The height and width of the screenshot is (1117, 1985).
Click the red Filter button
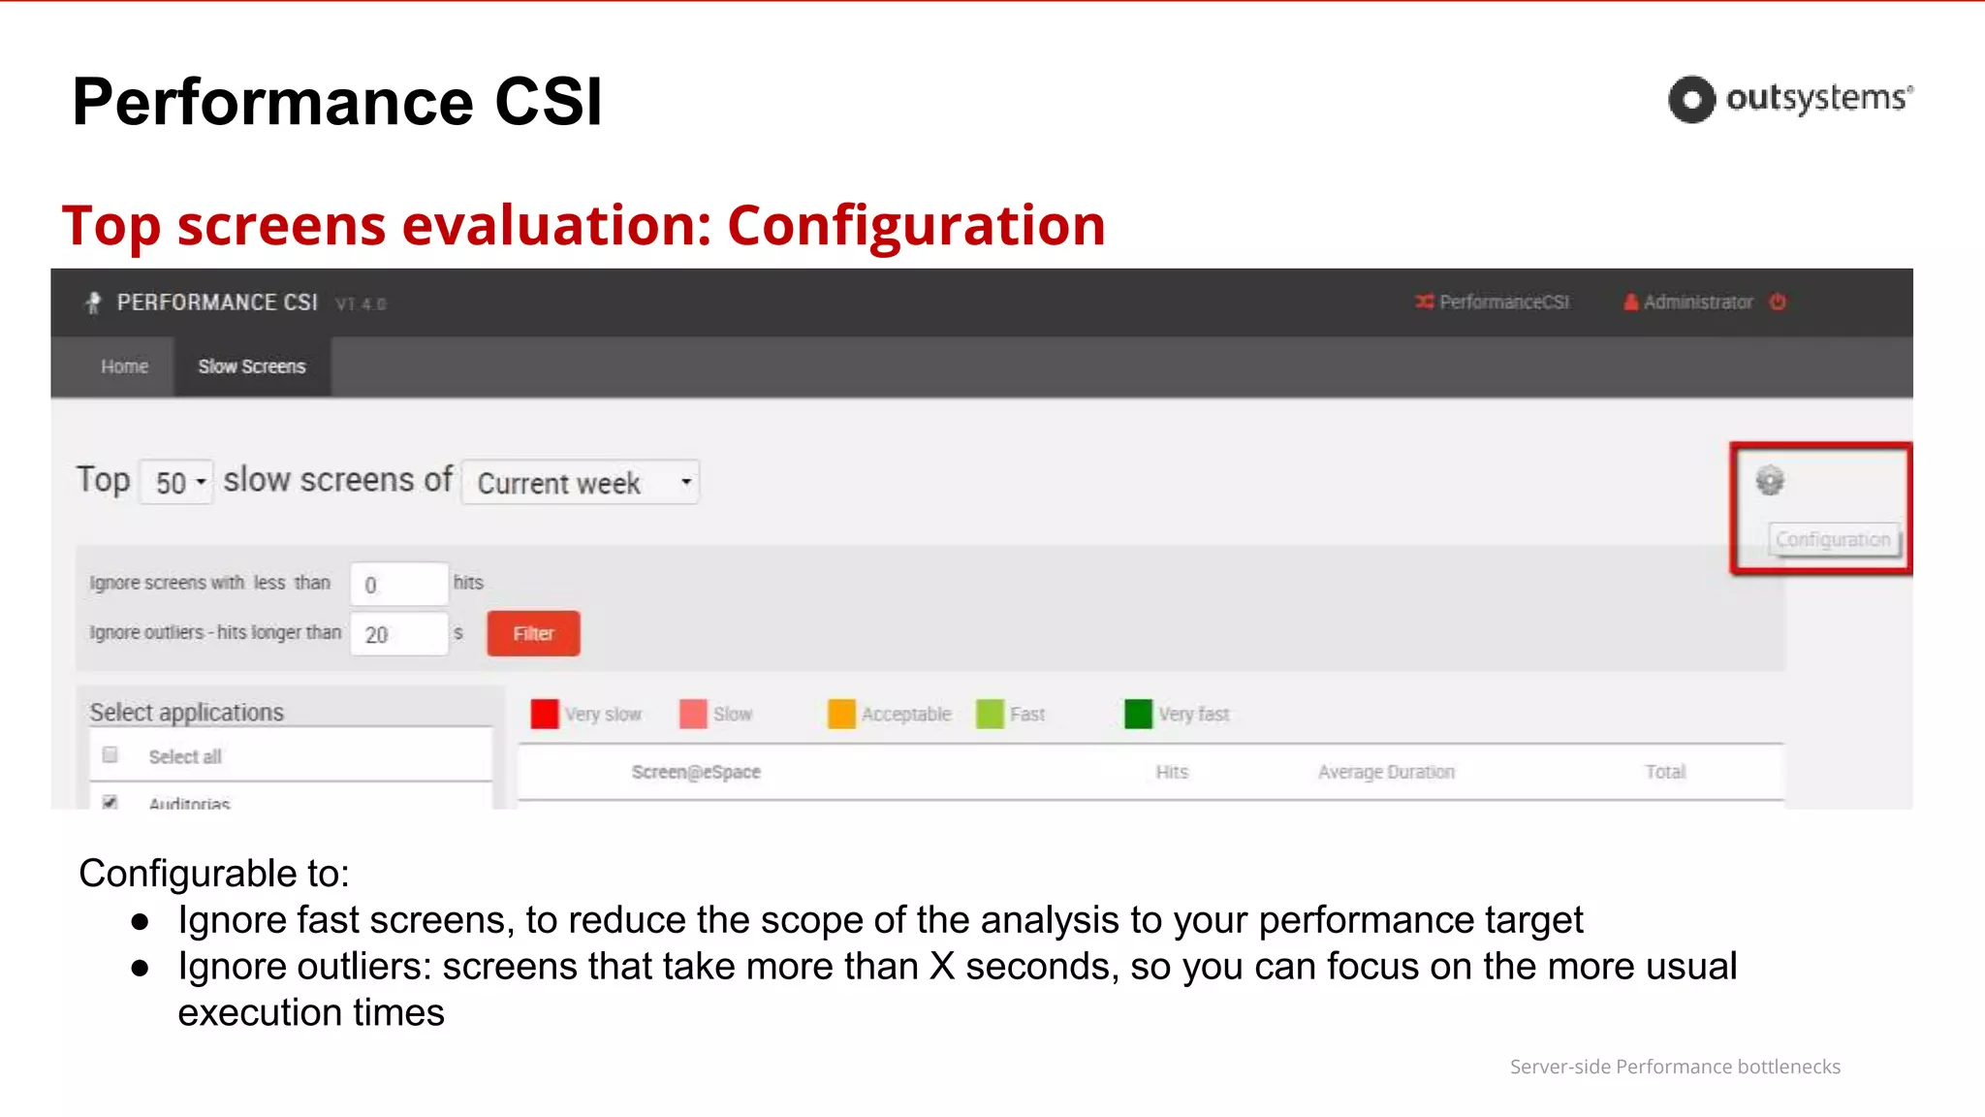[x=533, y=633]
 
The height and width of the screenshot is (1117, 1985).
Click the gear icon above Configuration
[x=1770, y=480]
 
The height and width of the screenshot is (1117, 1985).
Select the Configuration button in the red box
[x=1833, y=539]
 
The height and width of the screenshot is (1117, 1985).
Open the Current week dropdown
[x=581, y=483]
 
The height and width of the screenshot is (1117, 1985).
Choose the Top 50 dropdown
[x=177, y=482]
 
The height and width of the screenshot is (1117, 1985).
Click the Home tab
[x=124, y=367]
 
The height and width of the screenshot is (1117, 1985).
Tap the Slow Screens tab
[x=252, y=367]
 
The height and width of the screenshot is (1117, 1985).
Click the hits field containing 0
[x=398, y=584]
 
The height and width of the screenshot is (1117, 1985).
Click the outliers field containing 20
[x=398, y=634]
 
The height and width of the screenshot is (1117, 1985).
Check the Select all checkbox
[x=110, y=754]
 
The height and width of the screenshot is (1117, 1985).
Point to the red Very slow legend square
[x=545, y=714]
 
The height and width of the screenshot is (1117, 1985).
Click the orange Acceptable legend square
[x=841, y=714]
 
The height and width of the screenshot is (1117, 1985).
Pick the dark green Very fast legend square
[x=1138, y=714]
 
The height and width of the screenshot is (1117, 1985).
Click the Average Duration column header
[x=1386, y=772]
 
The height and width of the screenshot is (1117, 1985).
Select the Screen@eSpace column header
[x=696, y=772]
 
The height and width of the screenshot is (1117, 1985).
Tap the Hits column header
[x=1172, y=772]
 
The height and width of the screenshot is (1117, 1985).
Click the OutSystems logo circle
[x=1691, y=99]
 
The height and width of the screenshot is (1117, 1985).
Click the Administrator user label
[x=1697, y=303]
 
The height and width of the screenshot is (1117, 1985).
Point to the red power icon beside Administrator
[x=1778, y=302]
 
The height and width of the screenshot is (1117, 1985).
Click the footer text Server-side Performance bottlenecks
[x=1675, y=1067]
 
